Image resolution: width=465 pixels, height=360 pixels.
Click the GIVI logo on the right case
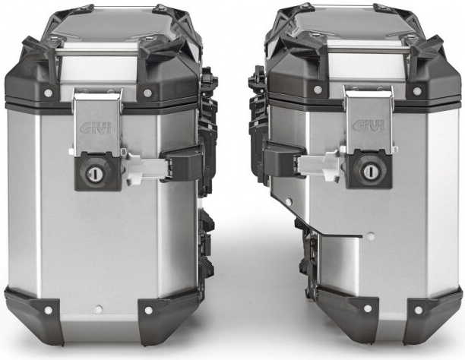point(369,125)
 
